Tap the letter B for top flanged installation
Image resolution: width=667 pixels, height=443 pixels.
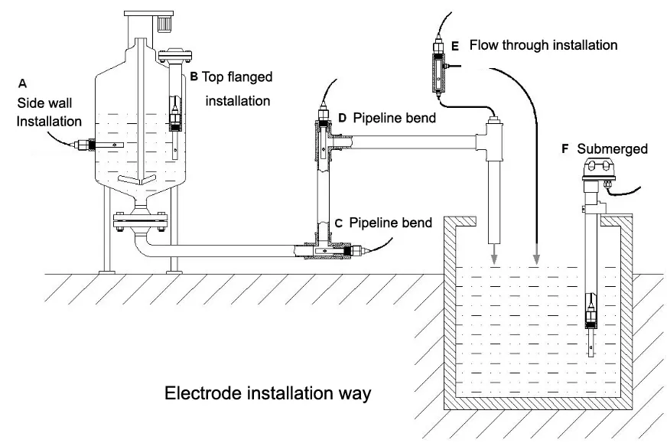[x=194, y=77]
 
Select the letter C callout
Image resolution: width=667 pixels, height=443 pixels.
[x=337, y=223]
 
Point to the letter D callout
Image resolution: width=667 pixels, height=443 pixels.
[x=342, y=118]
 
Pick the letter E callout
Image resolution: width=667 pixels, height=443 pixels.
[x=455, y=46]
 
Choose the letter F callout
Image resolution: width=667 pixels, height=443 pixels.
[x=565, y=148]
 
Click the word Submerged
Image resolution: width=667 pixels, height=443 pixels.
[x=613, y=148]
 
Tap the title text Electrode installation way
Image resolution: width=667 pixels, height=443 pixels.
[x=268, y=395]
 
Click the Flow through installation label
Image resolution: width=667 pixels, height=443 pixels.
[x=543, y=45]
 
